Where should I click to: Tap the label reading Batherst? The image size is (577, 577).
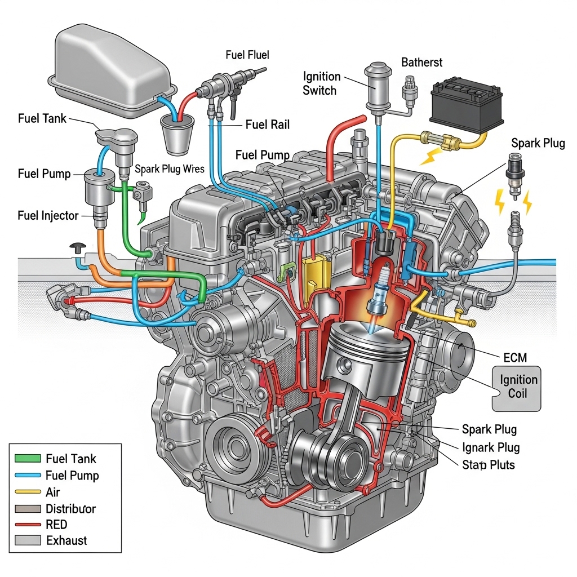tap(421, 62)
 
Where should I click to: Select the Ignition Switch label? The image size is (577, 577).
tap(322, 83)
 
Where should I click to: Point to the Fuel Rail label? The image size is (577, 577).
tap(267, 125)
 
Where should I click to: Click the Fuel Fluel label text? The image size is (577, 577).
tap(247, 55)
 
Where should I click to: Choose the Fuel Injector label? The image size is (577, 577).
tap(48, 215)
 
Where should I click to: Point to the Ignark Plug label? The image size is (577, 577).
tap(491, 448)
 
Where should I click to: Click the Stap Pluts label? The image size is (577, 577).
tap(488, 465)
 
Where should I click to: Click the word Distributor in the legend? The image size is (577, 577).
tap(70, 509)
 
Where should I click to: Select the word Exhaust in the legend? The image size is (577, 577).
tap(66, 541)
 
